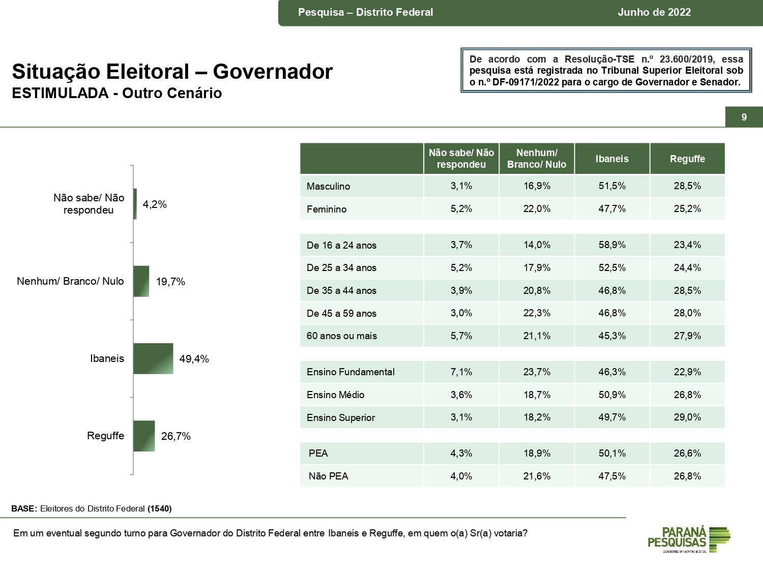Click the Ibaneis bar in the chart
(153, 358)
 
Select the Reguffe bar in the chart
(144, 436)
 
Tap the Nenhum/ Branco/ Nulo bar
(141, 281)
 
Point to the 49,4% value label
(194, 359)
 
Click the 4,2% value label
(155, 204)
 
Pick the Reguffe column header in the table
(687, 159)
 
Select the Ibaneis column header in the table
(612, 159)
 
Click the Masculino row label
(328, 186)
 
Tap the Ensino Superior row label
(340, 417)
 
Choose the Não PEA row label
(328, 476)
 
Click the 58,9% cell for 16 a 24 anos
(612, 245)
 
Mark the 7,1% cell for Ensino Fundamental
(461, 372)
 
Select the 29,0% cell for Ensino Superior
(687, 417)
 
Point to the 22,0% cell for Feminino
(537, 208)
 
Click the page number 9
(744, 117)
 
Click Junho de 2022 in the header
(654, 12)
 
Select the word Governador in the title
(273, 72)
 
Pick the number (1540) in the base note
(160, 508)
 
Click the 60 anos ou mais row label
(341, 336)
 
